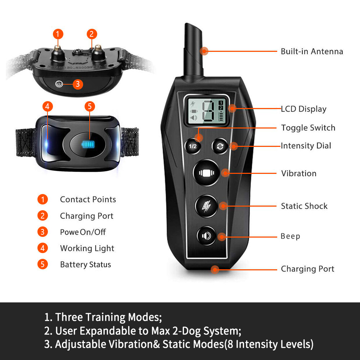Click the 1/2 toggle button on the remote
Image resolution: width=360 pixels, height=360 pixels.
pos(193,146)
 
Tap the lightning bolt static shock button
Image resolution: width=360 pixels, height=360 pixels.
pos(206,206)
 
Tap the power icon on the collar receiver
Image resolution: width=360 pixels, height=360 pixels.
pos(59,84)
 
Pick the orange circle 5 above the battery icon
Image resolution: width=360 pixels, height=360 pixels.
pos(90,106)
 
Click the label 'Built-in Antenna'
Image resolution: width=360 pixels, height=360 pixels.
pos(312,51)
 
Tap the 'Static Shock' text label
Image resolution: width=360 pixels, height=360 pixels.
pos(304,206)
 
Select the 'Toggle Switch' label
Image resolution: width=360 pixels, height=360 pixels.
pos(308,128)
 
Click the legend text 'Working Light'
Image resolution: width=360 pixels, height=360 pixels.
pos(87,248)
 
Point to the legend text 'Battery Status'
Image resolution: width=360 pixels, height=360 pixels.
pos(85,265)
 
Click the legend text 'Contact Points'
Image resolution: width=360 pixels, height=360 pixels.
pos(88,199)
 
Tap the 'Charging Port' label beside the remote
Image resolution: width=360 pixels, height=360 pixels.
pos(307,269)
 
